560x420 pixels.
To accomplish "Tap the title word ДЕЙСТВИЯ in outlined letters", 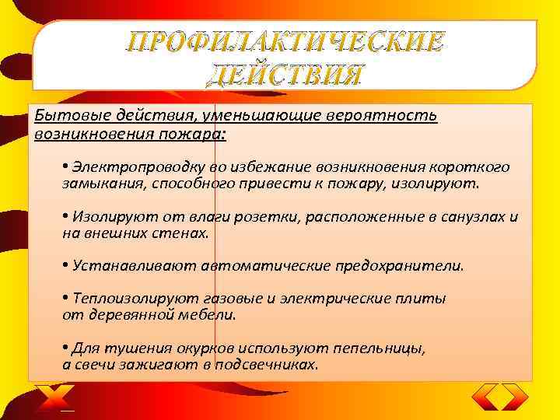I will (286, 75).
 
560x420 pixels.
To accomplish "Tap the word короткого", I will (474, 167).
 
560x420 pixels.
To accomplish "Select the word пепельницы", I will (381, 348).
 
